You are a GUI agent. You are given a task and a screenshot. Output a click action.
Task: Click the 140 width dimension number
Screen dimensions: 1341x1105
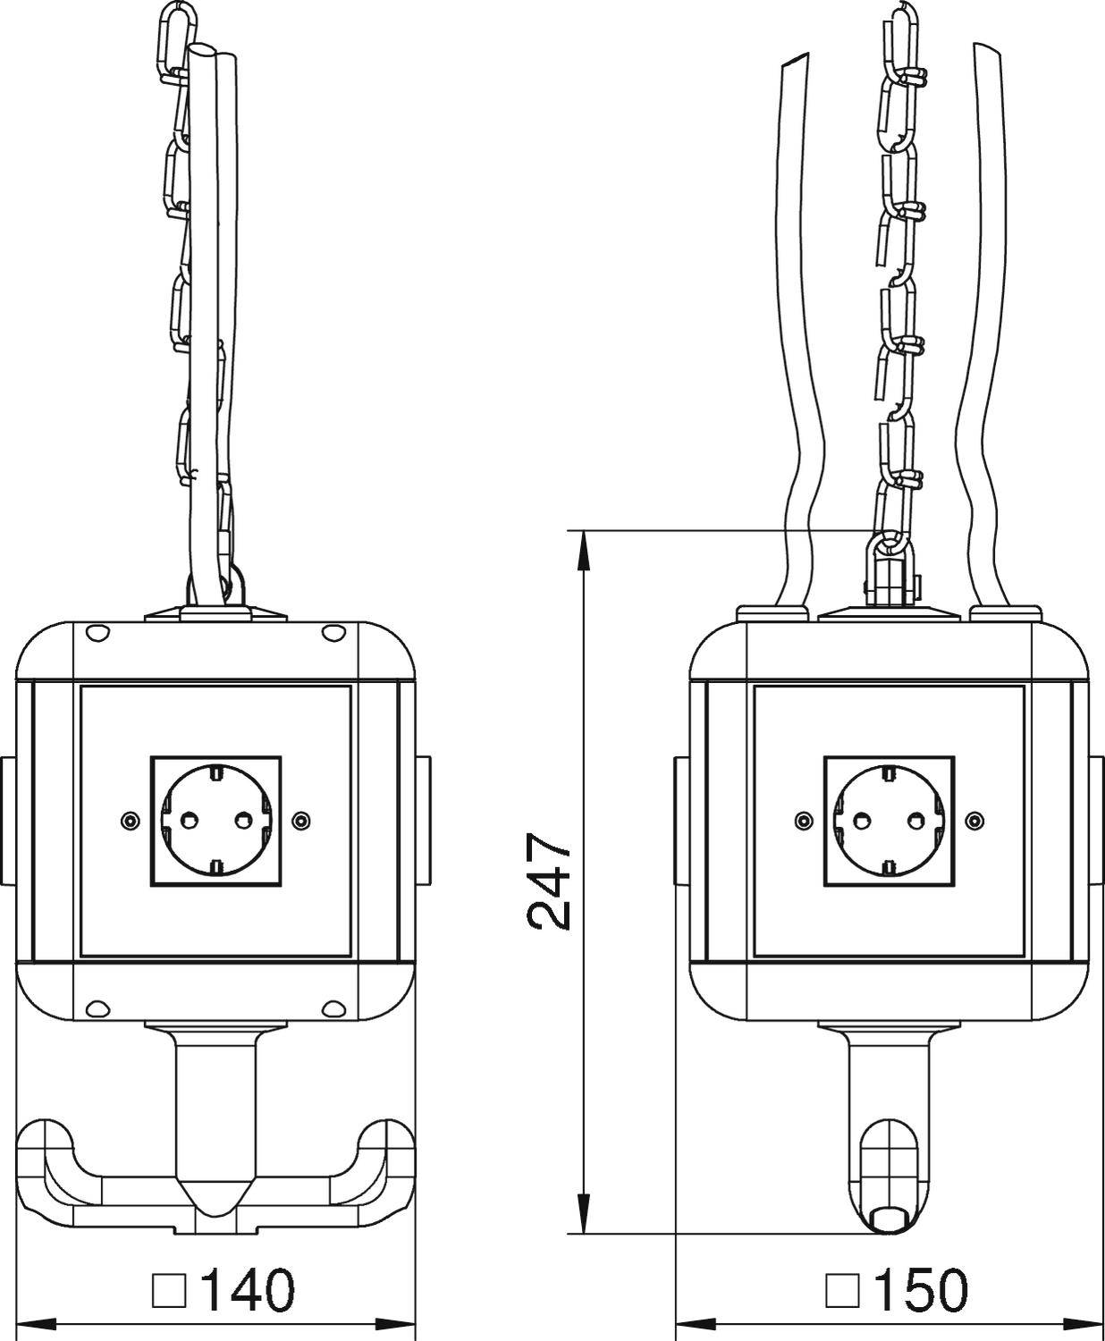tap(247, 1289)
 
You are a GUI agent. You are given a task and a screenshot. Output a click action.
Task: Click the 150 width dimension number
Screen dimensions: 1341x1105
tap(920, 1289)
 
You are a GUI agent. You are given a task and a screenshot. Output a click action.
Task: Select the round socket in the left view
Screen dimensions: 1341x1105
tap(215, 820)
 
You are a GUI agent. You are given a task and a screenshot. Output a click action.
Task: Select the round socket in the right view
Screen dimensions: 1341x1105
tap(889, 820)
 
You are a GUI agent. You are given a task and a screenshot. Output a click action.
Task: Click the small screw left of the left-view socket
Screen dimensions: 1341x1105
tap(130, 820)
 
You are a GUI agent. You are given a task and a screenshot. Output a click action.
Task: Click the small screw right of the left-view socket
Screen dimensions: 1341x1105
tap(301, 820)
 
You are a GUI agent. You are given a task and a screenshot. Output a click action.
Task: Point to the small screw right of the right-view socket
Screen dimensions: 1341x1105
tap(974, 820)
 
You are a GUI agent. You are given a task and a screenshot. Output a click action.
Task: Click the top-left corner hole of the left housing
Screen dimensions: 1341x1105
tap(95, 633)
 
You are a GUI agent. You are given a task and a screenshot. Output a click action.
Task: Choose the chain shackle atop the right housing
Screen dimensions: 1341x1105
tap(890, 572)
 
